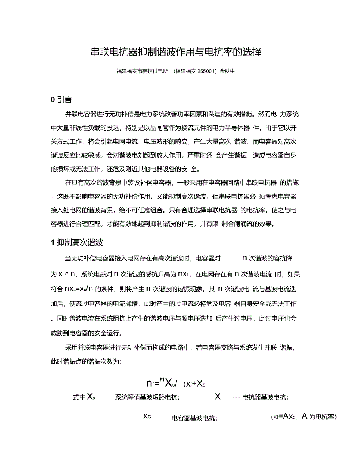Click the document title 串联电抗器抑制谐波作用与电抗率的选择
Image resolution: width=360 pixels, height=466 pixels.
[x=176, y=52]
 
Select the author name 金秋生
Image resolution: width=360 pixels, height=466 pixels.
[x=227, y=71]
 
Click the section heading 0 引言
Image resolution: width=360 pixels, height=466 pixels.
[x=61, y=100]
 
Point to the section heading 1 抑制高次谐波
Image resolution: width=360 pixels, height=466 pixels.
[x=77, y=243]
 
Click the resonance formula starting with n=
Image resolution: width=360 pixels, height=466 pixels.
[x=176, y=383]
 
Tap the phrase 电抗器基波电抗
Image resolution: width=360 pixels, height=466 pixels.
[x=265, y=398]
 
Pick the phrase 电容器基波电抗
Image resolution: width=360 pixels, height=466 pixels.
[x=194, y=418]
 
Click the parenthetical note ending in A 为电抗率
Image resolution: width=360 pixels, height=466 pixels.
[x=304, y=417]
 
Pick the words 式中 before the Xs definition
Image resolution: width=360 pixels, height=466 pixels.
[x=79, y=398]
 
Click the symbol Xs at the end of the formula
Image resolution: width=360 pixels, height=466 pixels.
[x=201, y=384]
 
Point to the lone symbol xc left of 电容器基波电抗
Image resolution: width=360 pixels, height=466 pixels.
[x=147, y=416]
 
